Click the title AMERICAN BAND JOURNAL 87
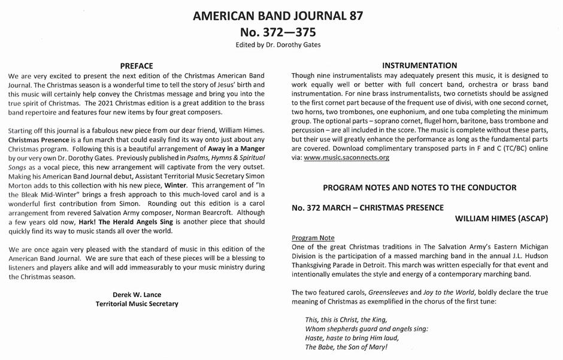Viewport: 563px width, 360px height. [x=281, y=16]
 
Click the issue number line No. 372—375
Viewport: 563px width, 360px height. [x=281, y=32]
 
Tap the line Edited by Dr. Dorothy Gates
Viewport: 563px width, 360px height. [x=281, y=44]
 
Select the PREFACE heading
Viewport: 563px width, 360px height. [x=137, y=66]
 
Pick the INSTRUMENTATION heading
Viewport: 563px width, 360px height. [x=419, y=65]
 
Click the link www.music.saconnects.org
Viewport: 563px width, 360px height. [x=347, y=158]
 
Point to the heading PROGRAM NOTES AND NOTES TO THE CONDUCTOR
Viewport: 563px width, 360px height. [x=419, y=187]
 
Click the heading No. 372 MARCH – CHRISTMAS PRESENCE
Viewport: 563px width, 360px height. [x=367, y=207]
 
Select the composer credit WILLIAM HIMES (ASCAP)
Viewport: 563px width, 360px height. [x=501, y=219]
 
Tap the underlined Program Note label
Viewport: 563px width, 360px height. [x=313, y=238]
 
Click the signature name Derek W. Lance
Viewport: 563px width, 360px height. [x=137, y=294]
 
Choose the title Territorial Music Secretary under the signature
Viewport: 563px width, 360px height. [x=137, y=304]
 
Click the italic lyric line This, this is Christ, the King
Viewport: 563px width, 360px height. [x=346, y=319]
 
